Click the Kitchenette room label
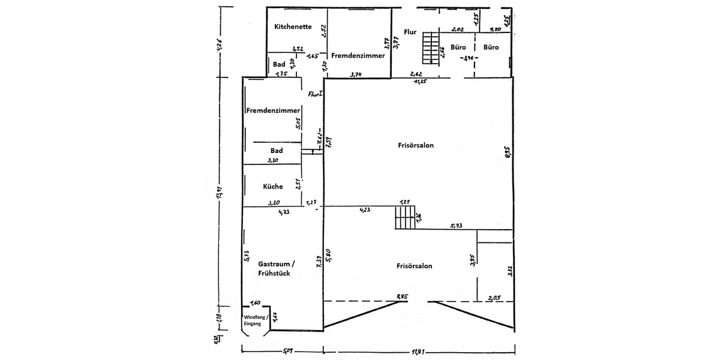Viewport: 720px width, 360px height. (x=292, y=26)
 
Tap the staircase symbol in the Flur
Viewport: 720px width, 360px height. (x=431, y=47)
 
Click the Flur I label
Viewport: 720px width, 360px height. (x=316, y=94)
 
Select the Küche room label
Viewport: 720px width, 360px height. (x=272, y=187)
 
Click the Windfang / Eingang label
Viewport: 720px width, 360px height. (x=256, y=320)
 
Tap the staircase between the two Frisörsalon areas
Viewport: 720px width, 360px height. (x=405, y=218)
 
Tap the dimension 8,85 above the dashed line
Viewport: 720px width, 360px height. (x=402, y=296)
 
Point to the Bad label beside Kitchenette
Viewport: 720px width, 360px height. (x=279, y=64)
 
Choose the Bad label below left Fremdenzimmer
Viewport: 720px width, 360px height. (x=276, y=151)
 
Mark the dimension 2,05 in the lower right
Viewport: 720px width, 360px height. (x=494, y=298)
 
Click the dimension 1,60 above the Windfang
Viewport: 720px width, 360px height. (x=255, y=302)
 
